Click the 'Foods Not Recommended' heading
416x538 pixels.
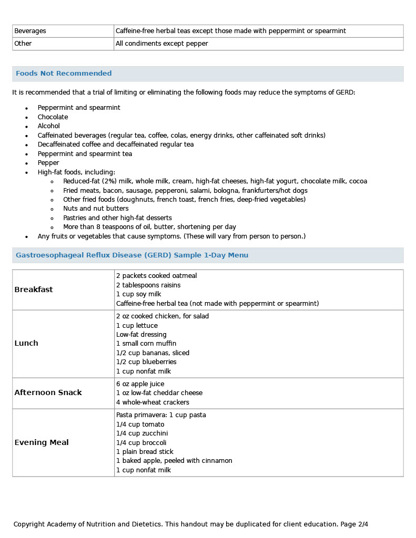click(x=64, y=74)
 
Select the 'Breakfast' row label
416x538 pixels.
click(x=34, y=289)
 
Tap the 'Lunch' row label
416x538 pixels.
click(x=26, y=343)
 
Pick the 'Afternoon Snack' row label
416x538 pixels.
click(x=48, y=392)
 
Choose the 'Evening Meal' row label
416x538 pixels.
click(x=42, y=442)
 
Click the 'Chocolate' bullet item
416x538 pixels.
click(x=53, y=117)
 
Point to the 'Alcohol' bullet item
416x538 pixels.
click(x=48, y=126)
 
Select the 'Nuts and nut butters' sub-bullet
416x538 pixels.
click(x=91, y=209)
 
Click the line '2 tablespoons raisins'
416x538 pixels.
click(x=148, y=285)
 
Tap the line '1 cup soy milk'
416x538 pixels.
click(x=139, y=294)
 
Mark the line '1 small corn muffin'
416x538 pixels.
click(x=146, y=344)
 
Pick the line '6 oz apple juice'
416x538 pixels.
click(x=140, y=384)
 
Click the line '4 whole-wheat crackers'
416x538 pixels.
click(x=153, y=402)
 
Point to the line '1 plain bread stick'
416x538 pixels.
click(x=145, y=452)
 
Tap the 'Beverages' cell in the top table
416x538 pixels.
click(x=30, y=31)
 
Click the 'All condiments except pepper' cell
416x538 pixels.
click(x=162, y=44)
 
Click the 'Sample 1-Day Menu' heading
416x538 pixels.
click(x=206, y=255)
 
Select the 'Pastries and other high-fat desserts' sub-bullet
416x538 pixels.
click(x=117, y=218)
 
